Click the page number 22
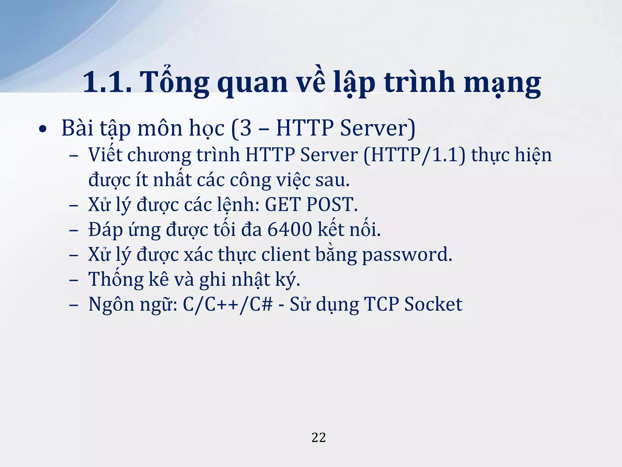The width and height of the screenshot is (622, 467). click(x=319, y=438)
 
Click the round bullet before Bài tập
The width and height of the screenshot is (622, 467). click(x=43, y=129)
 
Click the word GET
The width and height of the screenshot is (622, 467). click(x=283, y=204)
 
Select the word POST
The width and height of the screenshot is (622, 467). click(x=332, y=204)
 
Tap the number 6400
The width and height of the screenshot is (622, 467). click(x=289, y=229)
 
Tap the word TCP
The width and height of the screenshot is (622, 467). click(x=381, y=304)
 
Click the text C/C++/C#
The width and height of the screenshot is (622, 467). click(x=228, y=304)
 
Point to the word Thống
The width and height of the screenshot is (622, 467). click(x=116, y=279)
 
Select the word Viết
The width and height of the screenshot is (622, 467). click(x=105, y=154)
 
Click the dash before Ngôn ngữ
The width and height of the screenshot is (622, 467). click(x=73, y=304)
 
